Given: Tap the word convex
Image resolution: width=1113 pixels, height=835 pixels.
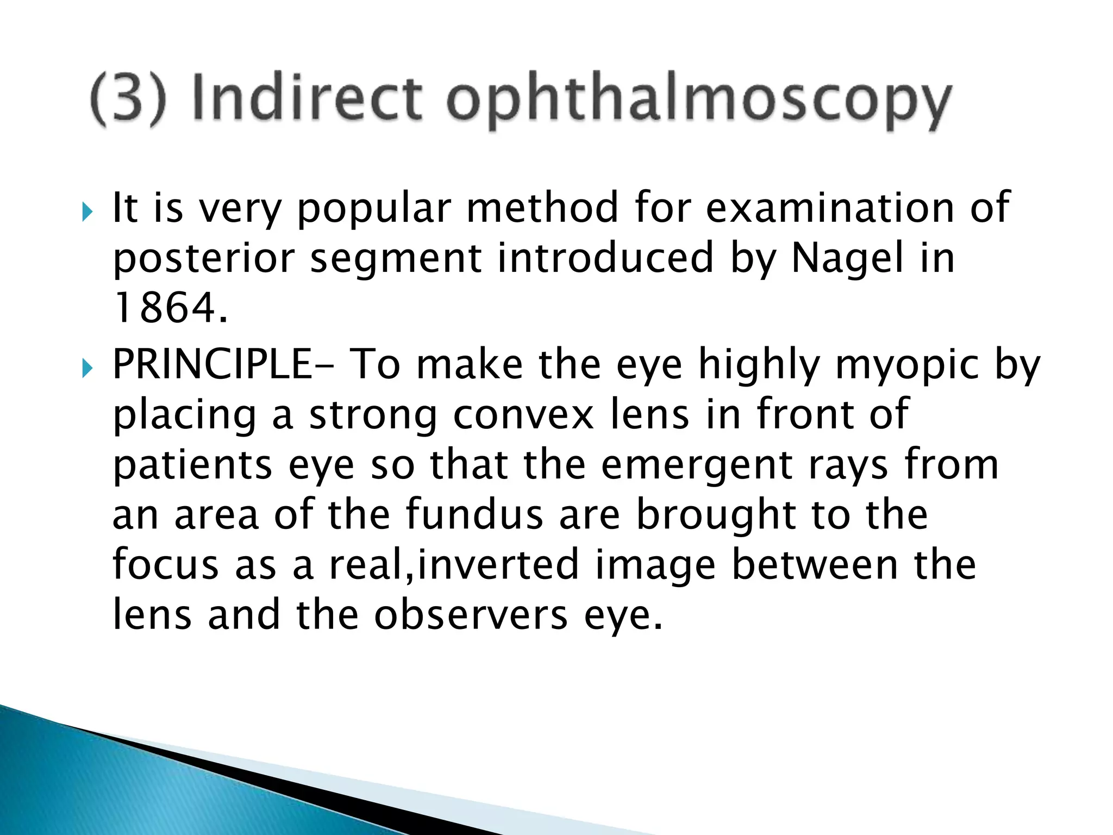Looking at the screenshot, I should [523, 414].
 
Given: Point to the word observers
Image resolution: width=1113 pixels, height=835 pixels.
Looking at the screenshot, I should [471, 615].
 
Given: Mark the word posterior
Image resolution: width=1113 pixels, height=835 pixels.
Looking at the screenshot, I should [203, 259].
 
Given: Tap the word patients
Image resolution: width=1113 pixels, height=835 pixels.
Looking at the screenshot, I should [192, 466].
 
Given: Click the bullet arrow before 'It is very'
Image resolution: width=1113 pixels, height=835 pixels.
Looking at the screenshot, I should [87, 211].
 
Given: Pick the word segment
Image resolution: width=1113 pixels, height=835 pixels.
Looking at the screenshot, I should [395, 259].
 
